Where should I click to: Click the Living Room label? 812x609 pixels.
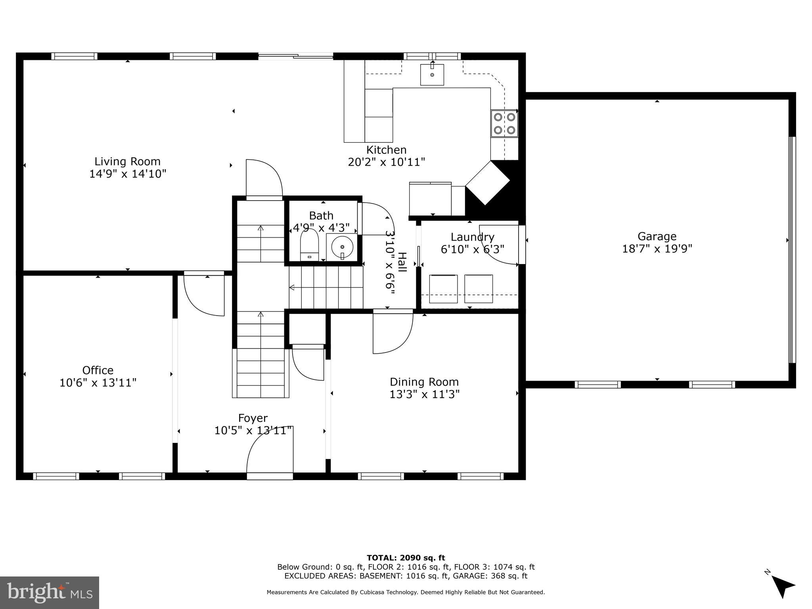click(127, 161)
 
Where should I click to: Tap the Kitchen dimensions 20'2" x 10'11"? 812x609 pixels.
click(387, 162)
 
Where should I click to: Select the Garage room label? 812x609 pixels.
click(657, 237)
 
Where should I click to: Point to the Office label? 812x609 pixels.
click(98, 370)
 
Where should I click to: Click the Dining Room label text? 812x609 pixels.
click(424, 382)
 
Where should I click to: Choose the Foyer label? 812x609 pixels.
click(253, 418)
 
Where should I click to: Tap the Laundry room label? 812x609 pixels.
click(473, 237)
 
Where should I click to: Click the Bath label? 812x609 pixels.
click(321, 216)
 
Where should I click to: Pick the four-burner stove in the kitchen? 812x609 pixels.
click(504, 123)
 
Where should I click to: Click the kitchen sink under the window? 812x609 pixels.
click(432, 75)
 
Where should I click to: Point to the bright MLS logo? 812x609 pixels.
click(50, 593)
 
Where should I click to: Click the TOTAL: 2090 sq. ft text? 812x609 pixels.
click(406, 558)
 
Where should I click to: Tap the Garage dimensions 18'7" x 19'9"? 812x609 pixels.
click(657, 249)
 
